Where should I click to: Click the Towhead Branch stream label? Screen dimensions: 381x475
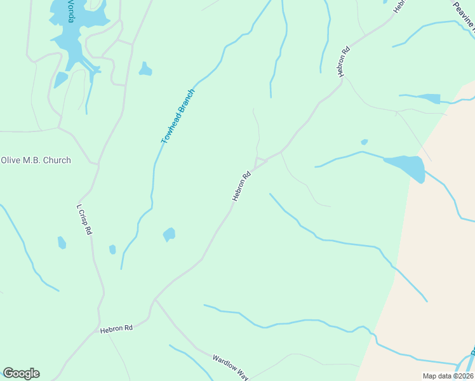[x=178, y=116]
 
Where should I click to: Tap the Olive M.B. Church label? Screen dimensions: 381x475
[x=36, y=160]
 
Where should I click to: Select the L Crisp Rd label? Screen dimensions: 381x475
[x=84, y=219]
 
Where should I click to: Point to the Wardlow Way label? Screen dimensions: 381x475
[x=230, y=366]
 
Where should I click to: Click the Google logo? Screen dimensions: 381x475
[x=21, y=373]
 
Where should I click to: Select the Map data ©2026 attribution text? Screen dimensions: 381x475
[x=448, y=376]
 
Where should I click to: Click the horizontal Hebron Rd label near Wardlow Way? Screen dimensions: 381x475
[x=116, y=328]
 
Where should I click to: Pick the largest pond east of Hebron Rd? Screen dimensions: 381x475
[x=406, y=167]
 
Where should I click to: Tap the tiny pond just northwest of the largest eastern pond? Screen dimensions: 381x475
[x=364, y=142]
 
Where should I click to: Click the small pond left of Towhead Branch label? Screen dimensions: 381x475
[x=145, y=69]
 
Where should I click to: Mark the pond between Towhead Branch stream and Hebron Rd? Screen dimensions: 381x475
[x=169, y=234]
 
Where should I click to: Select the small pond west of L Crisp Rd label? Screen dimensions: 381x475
[x=62, y=243]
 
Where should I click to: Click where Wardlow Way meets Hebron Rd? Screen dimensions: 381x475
[x=156, y=299]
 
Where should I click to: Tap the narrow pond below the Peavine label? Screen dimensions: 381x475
[x=430, y=98]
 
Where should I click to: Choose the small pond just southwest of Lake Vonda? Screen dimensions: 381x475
[x=60, y=79]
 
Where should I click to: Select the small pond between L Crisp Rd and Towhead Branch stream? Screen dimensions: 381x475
[x=112, y=249]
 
